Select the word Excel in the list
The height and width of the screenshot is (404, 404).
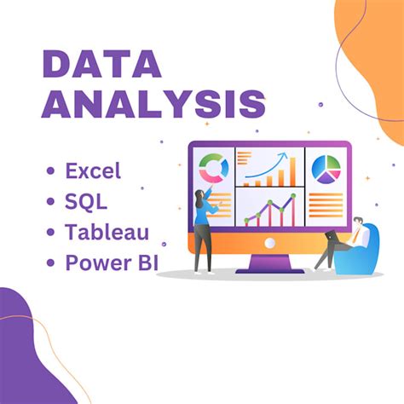tap(93, 170)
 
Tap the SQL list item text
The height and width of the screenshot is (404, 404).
tap(86, 201)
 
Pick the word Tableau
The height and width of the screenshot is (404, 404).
tap(107, 232)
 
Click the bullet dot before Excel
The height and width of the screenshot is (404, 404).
tap(51, 171)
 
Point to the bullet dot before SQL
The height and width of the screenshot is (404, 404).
tap(51, 202)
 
